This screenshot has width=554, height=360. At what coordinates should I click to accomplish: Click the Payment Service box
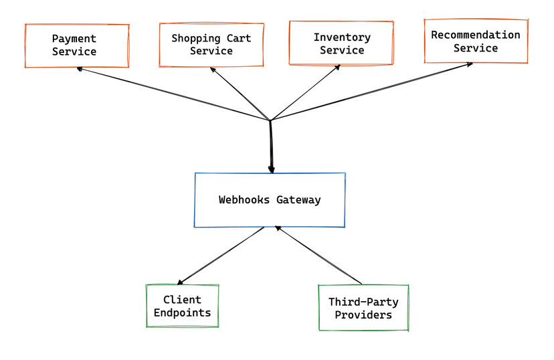[76, 46]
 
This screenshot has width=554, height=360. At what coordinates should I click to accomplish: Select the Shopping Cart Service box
[211, 46]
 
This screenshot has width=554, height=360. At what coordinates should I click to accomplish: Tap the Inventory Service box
[341, 43]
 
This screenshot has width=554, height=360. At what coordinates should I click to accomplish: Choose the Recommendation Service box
[476, 41]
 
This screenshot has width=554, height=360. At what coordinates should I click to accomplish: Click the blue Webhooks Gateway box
[270, 200]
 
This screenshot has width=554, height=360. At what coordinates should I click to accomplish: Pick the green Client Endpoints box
[182, 306]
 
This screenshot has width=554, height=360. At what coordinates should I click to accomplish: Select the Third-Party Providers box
[363, 308]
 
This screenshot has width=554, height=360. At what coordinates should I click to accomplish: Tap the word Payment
[74, 39]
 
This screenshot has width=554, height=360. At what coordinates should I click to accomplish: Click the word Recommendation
[476, 35]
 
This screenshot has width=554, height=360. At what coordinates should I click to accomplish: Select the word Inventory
[342, 37]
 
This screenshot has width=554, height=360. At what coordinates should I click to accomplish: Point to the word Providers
[363, 314]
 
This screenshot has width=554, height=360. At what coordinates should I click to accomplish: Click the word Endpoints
[182, 312]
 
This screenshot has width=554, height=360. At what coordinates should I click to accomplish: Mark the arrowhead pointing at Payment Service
[80, 68]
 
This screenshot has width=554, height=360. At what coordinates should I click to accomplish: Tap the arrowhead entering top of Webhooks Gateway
[272, 170]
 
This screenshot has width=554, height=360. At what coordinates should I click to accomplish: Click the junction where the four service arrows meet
[270, 121]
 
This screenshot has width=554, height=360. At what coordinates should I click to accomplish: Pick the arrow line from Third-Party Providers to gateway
[320, 256]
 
